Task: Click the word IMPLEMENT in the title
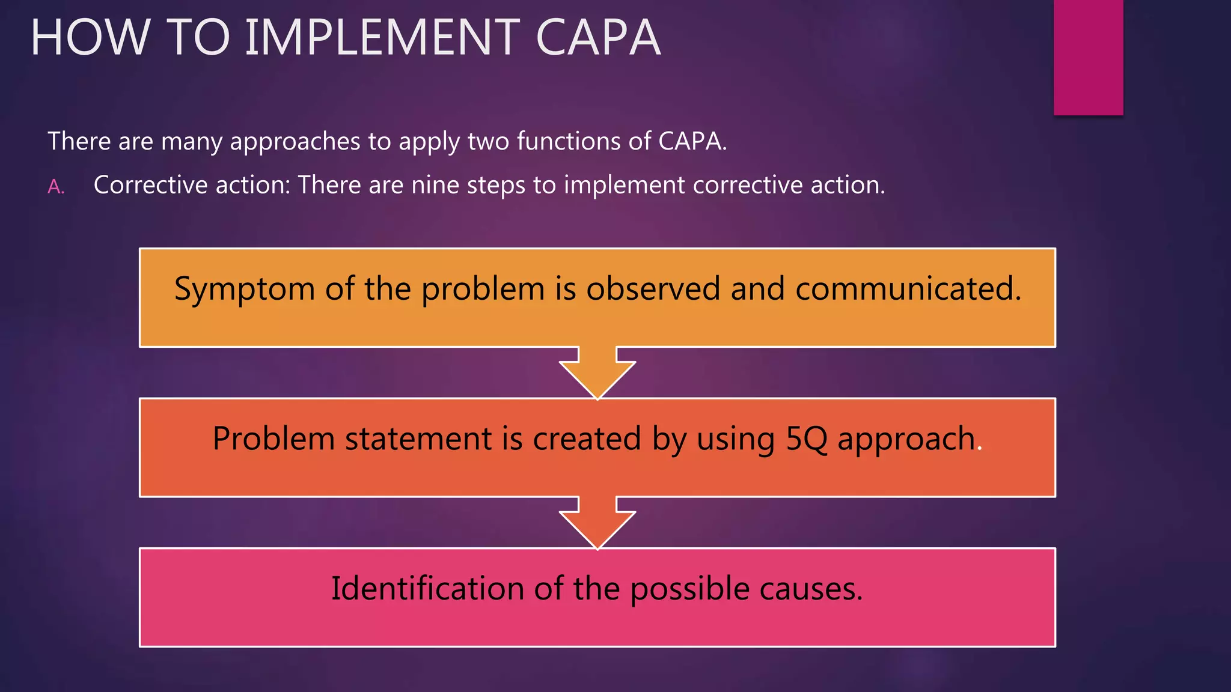[x=382, y=37]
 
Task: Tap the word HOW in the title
[x=90, y=37]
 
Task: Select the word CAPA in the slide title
[x=597, y=37]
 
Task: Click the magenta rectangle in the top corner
[x=1088, y=57]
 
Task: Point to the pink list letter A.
[x=55, y=187]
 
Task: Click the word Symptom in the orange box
[x=245, y=289]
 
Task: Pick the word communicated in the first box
[x=908, y=288]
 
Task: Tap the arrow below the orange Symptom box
[x=597, y=374]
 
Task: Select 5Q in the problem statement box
[x=807, y=438]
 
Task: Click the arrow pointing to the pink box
[x=597, y=524]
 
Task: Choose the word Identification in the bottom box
[x=427, y=588]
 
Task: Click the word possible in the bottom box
[x=689, y=589]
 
